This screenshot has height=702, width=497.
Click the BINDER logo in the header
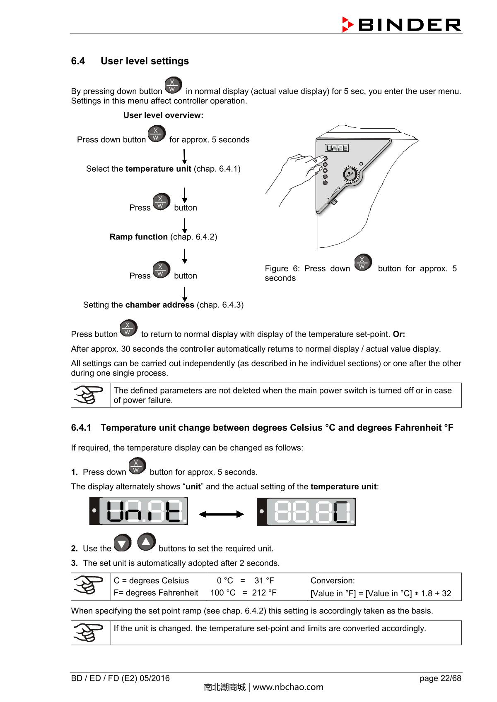(x=401, y=25)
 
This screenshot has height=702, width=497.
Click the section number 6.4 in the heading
(x=78, y=61)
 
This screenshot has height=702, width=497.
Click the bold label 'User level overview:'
(x=163, y=115)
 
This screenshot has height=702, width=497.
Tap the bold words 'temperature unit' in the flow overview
(x=158, y=169)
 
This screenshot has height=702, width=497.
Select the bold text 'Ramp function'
(x=138, y=237)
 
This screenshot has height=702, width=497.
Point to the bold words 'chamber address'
(x=159, y=305)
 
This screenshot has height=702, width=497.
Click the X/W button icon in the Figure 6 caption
(x=363, y=263)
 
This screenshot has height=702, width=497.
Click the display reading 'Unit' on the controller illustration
(x=336, y=148)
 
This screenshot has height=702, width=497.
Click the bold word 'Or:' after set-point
(x=398, y=334)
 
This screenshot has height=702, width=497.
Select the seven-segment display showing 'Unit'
(x=139, y=511)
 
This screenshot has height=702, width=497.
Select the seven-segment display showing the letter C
(x=306, y=512)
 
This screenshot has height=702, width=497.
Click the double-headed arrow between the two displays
(x=221, y=514)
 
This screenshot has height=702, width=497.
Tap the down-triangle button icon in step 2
(x=123, y=543)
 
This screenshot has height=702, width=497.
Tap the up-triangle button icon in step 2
(x=146, y=542)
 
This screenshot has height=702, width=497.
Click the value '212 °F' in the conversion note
(x=264, y=593)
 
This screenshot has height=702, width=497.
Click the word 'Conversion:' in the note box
(x=332, y=581)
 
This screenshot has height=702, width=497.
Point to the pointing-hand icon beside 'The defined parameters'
(x=89, y=395)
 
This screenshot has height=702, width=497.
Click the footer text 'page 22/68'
(x=440, y=678)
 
